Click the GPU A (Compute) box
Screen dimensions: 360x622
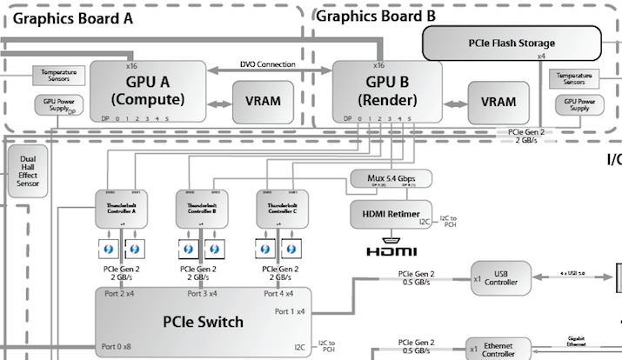pos(147,91)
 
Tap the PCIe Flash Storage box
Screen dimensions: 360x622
pos(512,42)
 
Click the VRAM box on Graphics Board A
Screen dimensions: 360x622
pos(262,100)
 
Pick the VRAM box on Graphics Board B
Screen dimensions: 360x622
pos(498,101)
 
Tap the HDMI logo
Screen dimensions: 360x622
pos(389,251)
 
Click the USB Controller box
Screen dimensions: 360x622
pos(499,277)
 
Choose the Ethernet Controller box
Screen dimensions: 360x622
pos(499,348)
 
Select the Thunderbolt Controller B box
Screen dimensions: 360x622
pos(202,208)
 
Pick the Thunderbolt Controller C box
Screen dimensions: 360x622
pos(281,208)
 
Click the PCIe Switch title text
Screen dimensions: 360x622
pos(204,322)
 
